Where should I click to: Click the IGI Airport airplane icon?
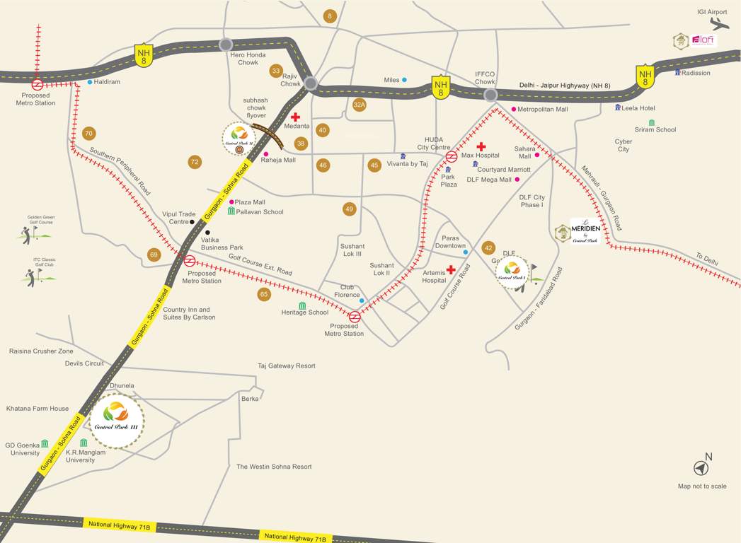(718, 23)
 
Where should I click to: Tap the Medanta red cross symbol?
(295, 117)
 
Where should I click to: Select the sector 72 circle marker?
(195, 162)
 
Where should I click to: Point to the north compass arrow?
(701, 468)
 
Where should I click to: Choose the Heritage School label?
(305, 312)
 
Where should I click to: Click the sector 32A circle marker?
(360, 105)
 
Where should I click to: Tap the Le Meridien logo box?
(585, 230)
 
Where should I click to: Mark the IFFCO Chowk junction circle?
(490, 95)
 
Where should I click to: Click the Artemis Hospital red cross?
(451, 269)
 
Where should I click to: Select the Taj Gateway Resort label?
(287, 366)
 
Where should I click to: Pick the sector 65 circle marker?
(264, 294)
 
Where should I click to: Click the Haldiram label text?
(108, 82)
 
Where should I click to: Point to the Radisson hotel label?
(696, 73)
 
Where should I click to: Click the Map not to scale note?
(702, 486)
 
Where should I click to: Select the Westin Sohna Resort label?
(274, 467)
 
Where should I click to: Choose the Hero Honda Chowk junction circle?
(226, 45)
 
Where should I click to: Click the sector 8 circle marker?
(329, 16)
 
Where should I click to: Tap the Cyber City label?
(623, 145)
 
